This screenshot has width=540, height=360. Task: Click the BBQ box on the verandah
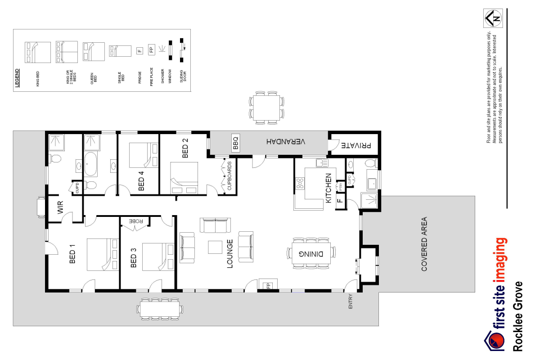click(236, 143)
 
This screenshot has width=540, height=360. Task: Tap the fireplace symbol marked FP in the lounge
click(267, 285)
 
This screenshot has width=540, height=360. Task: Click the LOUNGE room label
click(230, 254)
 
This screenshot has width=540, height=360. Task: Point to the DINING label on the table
click(312, 253)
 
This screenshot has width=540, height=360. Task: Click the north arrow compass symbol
click(493, 18)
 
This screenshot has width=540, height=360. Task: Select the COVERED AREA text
click(424, 244)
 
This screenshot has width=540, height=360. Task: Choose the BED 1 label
click(72, 253)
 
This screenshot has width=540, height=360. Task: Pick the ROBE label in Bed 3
click(136, 221)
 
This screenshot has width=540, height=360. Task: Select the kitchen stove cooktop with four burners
click(300, 183)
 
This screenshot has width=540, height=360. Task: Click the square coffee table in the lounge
click(215, 247)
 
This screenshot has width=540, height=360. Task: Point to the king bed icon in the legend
click(38, 52)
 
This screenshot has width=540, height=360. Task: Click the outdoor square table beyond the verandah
click(266, 107)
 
